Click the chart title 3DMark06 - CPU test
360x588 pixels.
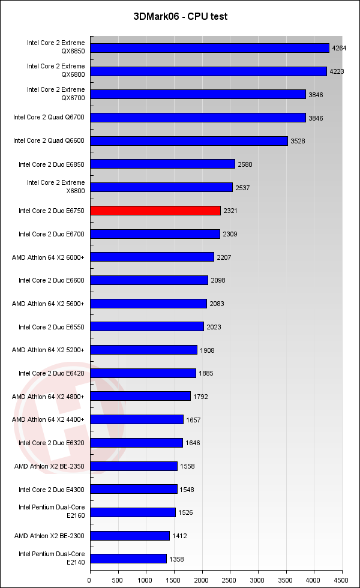180,16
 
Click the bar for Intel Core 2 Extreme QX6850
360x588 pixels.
209,47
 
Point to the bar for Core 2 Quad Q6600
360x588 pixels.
188,141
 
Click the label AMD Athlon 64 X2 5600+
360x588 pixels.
49,304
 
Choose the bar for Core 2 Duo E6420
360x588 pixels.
143,373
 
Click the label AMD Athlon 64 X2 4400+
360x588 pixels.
49,419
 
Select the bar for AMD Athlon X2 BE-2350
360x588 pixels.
134,466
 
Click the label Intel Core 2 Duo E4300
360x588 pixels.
52,490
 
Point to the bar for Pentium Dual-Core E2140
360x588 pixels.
128,559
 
